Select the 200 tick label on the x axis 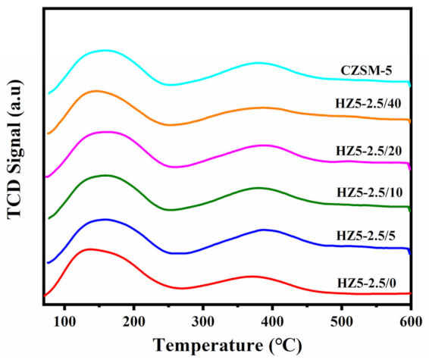pos(134,317)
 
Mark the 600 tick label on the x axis pos(410,317)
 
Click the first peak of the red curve pos(91,249)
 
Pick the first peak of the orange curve pos(96,90)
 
